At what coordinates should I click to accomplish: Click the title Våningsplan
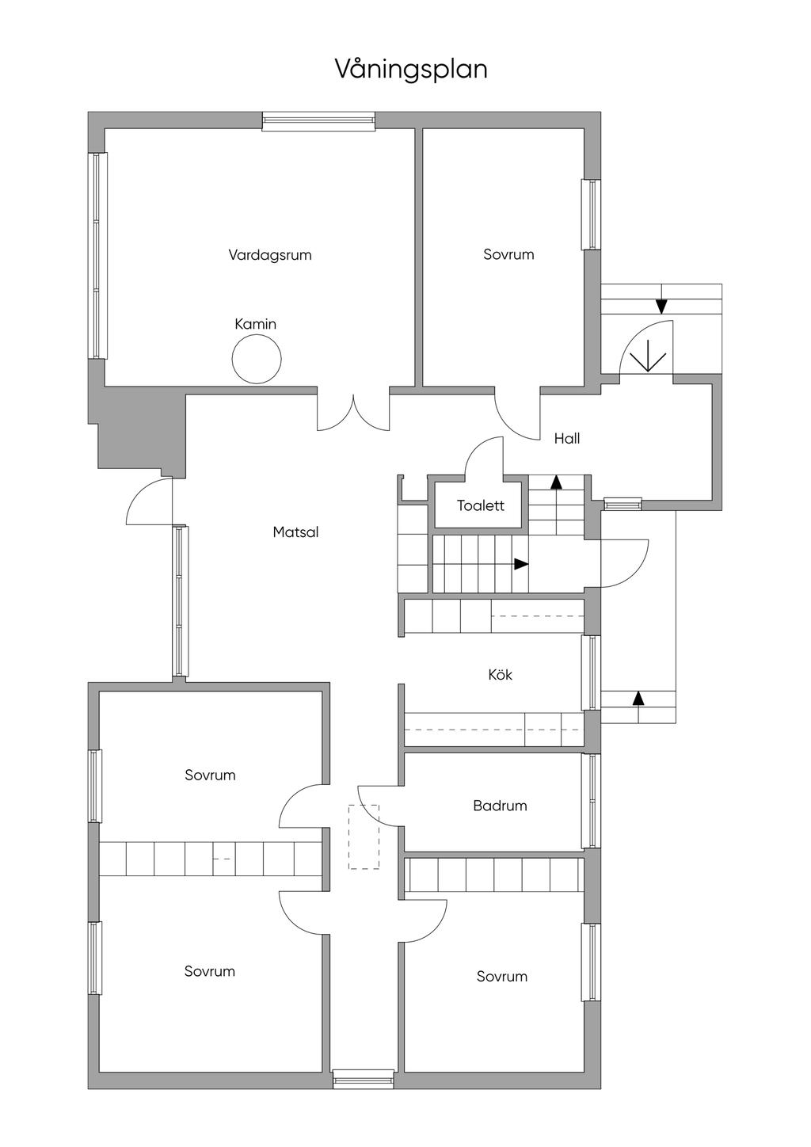click(410, 70)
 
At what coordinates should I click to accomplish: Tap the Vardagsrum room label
click(270, 255)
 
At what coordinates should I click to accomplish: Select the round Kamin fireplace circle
click(256, 359)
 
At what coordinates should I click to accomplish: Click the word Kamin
click(255, 324)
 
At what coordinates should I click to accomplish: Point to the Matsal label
click(295, 532)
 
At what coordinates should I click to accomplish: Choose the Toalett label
click(480, 505)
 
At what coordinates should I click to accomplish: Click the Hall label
click(566, 438)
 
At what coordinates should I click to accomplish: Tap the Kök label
click(500, 675)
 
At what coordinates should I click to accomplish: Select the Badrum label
click(500, 806)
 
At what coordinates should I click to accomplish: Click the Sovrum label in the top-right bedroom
click(508, 254)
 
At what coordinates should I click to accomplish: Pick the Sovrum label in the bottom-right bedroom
click(501, 977)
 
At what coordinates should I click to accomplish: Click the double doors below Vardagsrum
click(353, 411)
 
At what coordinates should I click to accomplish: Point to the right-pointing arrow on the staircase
click(520, 564)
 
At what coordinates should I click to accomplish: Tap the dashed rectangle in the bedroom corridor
click(364, 836)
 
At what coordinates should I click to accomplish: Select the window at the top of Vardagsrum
click(318, 121)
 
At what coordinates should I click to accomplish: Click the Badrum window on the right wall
click(590, 801)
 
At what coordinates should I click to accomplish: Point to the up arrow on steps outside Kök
click(638, 698)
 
